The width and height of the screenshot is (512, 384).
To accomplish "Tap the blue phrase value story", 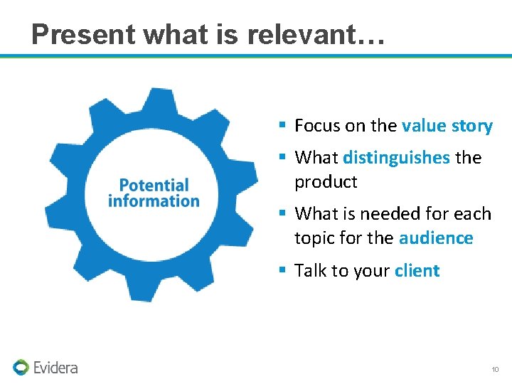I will click(x=447, y=127).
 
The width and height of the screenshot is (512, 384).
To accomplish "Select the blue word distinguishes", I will click(x=396, y=157).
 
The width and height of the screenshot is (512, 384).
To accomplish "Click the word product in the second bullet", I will click(x=326, y=182).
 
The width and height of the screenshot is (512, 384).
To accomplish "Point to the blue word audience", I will click(x=435, y=238).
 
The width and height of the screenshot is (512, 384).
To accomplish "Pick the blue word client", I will click(x=417, y=271).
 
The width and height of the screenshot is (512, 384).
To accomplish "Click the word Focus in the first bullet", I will click(x=317, y=127).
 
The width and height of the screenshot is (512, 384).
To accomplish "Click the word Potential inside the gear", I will click(x=154, y=186).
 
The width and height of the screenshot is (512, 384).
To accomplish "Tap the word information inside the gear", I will click(x=154, y=201).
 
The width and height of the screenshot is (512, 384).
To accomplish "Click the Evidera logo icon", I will click(x=21, y=368).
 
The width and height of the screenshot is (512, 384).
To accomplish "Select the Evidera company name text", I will click(x=56, y=368).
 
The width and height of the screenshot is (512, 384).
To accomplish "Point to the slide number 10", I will click(x=495, y=370).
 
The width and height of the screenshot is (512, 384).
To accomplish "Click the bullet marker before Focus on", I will click(x=282, y=126).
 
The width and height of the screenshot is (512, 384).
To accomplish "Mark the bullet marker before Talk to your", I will click(x=282, y=270).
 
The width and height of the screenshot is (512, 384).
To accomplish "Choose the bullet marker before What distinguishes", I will click(x=282, y=156).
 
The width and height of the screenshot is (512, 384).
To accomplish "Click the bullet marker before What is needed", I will click(x=282, y=213).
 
